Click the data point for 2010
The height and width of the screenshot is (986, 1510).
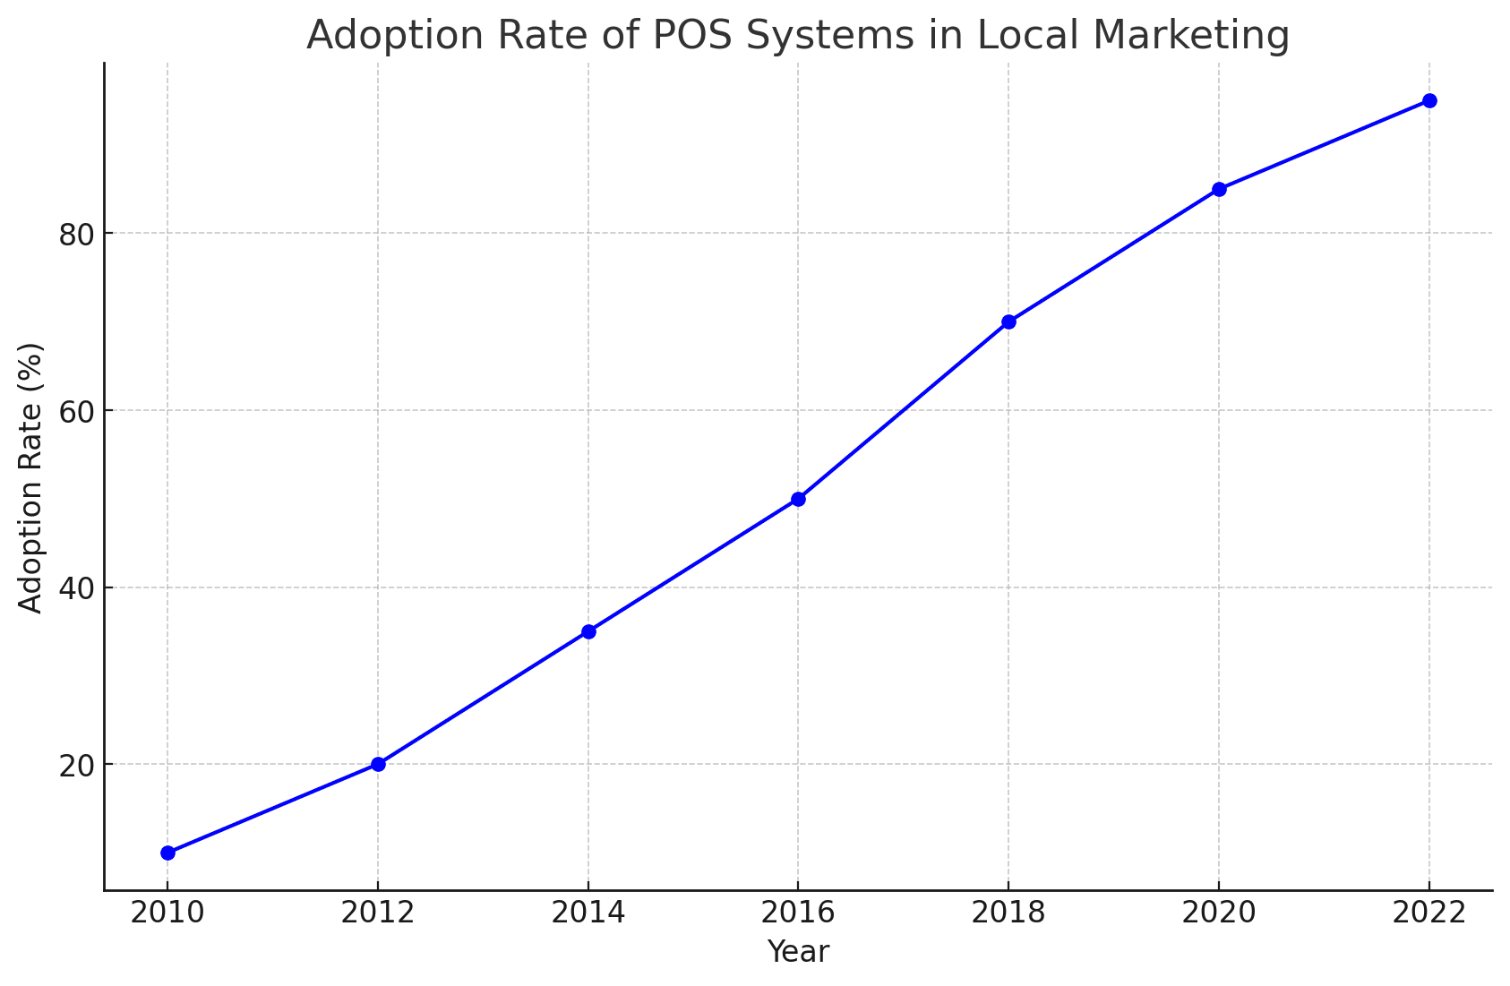coord(167,853)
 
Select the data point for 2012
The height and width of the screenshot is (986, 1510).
coord(378,764)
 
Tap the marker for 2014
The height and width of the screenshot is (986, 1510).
coord(588,631)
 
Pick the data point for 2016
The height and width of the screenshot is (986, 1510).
coord(798,499)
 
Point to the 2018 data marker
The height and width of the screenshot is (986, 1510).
coord(1008,322)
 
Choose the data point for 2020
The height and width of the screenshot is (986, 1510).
coord(1219,189)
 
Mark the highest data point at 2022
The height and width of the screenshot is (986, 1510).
coord(1429,100)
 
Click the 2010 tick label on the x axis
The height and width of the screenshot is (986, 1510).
coord(167,913)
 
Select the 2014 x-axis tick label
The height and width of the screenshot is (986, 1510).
coord(588,913)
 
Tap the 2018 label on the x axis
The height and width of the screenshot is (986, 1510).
coord(1008,913)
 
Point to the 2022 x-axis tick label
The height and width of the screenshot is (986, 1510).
coord(1429,913)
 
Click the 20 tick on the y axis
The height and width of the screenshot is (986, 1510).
coord(76,766)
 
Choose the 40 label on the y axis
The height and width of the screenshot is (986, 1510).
coord(76,588)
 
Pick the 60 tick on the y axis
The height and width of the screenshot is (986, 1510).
coord(76,411)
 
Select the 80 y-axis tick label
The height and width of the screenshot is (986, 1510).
coord(76,234)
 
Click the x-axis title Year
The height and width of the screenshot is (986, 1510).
coord(798,952)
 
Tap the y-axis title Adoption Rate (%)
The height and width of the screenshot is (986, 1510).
coord(31,477)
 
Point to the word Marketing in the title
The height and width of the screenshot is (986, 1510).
coord(1192,36)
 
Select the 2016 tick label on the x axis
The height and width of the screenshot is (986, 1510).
coord(798,913)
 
